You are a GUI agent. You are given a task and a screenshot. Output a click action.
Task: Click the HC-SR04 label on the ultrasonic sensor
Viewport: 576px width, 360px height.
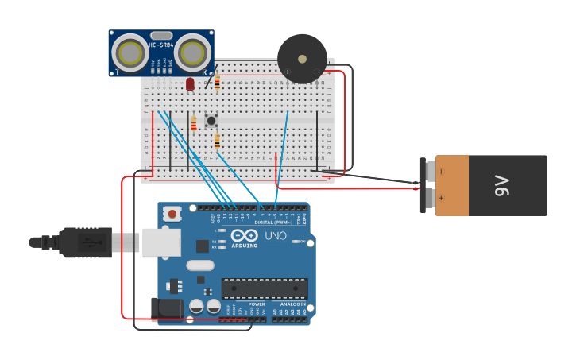161,45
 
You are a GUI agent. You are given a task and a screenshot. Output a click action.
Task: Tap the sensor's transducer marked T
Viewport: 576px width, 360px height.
128,53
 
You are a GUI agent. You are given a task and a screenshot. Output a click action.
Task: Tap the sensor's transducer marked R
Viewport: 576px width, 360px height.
192,53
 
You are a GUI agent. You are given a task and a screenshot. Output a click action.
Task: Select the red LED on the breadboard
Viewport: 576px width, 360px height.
190,83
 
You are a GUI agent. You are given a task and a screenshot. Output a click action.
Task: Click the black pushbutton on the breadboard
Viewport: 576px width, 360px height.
211,121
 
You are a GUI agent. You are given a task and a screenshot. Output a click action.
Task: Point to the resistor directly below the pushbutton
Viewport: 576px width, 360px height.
217,141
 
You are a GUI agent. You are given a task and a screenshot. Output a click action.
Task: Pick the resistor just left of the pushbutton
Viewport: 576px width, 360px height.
193,123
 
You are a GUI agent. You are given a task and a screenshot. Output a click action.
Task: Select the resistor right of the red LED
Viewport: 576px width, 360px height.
217,83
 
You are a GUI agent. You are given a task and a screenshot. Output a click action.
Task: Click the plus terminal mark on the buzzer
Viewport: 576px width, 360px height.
288,72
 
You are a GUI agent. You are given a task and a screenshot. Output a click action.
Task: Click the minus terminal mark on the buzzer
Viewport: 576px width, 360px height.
316,72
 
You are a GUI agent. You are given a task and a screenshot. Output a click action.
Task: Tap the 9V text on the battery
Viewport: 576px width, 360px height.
502,186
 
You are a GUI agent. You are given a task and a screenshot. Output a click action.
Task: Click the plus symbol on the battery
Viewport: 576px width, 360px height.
442,198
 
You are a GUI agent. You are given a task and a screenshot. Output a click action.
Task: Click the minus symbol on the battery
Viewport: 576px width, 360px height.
442,171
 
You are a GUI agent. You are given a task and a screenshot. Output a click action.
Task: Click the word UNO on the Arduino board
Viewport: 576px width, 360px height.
275,236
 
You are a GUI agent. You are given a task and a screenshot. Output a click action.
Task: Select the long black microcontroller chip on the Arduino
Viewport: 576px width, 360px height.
264,288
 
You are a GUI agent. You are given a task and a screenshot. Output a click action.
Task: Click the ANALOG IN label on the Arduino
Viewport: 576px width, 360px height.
292,304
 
